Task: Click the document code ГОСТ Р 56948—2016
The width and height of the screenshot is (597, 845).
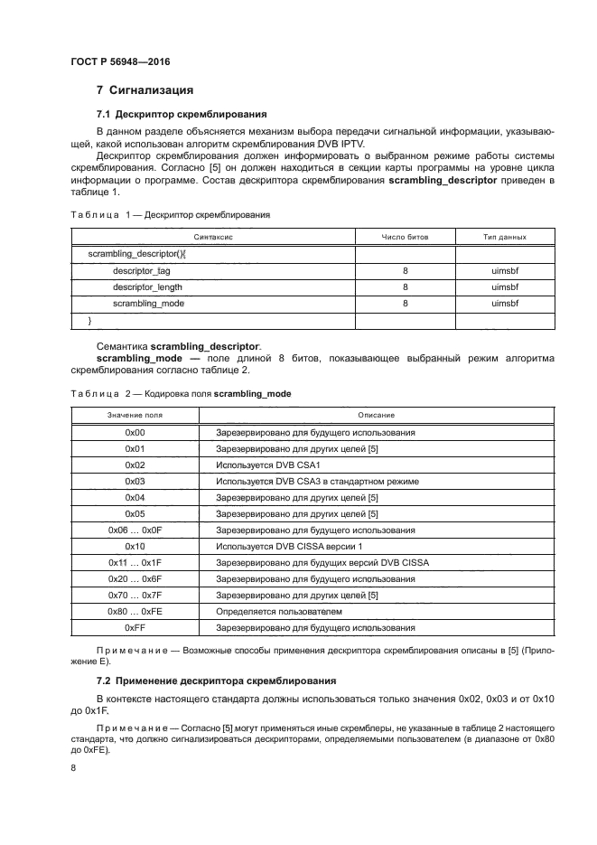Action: click(120, 61)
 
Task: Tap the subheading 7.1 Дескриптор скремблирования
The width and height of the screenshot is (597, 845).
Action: click(181, 114)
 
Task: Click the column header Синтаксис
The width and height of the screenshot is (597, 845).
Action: click(213, 237)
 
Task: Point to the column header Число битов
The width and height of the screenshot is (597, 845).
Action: click(406, 237)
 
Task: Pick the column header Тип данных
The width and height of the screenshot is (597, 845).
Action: click(505, 237)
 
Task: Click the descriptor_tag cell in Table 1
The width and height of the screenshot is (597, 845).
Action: click(141, 270)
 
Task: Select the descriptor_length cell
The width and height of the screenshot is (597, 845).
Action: click(147, 286)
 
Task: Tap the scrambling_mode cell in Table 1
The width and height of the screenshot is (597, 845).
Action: click(148, 304)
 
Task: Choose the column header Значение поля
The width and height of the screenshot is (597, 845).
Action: click(135, 415)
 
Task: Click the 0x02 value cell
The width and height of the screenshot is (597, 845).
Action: click(135, 465)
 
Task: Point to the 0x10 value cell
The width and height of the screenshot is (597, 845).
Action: click(135, 546)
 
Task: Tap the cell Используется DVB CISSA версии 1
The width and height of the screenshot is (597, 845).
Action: click(288, 546)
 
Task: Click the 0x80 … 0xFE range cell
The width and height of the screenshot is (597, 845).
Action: click(135, 611)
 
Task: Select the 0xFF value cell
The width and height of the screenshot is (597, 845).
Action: click(135, 627)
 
